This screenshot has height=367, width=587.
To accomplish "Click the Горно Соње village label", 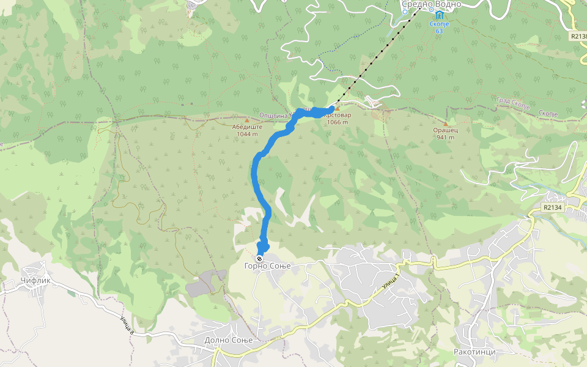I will tap(266, 266).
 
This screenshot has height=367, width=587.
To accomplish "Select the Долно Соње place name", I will tap(228, 340).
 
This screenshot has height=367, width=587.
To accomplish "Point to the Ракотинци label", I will tap(474, 352).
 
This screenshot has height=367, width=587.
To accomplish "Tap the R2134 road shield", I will tap(552, 208).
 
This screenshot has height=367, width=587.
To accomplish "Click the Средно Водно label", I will tap(431, 4).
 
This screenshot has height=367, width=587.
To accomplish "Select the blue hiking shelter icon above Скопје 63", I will tap(439, 14).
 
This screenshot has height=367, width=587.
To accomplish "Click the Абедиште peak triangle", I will tap(247, 120).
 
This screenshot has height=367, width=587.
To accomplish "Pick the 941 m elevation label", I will tap(446, 138).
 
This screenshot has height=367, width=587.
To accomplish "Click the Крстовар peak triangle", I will tap(337, 108).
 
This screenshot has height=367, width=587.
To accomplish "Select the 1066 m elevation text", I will tap(337, 122).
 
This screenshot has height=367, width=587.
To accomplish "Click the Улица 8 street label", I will tap(126, 324).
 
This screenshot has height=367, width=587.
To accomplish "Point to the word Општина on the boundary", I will tap(275, 115).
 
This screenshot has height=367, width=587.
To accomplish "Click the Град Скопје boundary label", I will tap(512, 105).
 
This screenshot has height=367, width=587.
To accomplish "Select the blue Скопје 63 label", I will tap(439, 26).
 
